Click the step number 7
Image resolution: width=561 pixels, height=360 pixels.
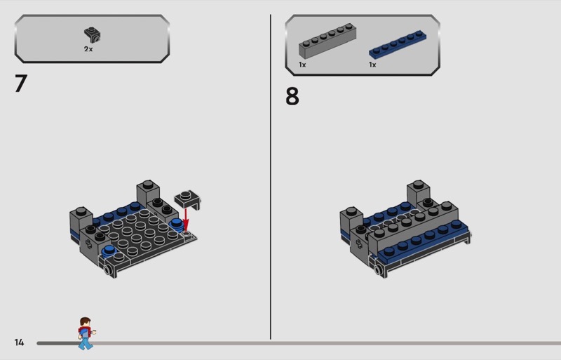click(21, 83)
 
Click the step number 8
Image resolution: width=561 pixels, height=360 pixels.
click(292, 96)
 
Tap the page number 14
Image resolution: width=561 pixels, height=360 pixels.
click(19, 342)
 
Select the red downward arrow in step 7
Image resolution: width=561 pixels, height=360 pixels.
click(186, 220)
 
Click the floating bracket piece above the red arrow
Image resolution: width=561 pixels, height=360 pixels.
click(187, 200)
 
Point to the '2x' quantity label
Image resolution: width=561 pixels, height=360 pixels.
click(88, 49)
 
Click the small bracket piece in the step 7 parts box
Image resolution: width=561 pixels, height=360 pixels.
click(93, 35)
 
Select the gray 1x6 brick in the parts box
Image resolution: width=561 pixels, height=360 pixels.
click(327, 41)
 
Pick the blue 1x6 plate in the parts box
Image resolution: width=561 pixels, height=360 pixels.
click(398, 44)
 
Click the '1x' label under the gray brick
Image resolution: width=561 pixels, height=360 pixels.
click(302, 65)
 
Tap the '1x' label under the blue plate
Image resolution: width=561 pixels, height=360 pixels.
click(372, 65)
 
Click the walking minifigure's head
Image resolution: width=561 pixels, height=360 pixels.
click(85, 322)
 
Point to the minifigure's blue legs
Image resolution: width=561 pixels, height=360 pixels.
click(85, 343)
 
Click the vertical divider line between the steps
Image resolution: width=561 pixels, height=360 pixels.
click(271, 177)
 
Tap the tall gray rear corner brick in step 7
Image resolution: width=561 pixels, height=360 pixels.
click(147, 194)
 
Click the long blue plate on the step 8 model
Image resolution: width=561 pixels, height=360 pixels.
click(424, 241)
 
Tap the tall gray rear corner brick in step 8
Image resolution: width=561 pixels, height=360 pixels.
click(418, 194)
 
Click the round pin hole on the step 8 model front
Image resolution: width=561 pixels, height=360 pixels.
click(377, 269)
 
